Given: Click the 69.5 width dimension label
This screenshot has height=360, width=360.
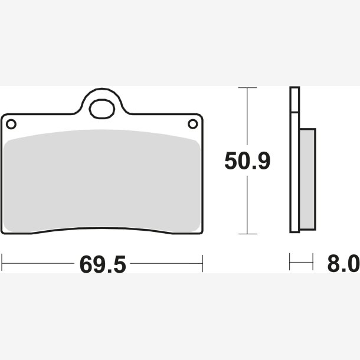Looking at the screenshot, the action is point(103,264).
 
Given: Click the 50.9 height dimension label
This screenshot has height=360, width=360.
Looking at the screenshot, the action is point(247,161).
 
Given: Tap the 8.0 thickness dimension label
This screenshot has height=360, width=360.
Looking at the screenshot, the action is point(343,263).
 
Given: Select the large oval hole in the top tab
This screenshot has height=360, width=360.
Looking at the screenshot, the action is point(102,109).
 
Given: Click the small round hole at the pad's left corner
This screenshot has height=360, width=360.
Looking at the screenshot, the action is point(11,124).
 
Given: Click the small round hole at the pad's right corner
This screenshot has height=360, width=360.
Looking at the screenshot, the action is point(192,124).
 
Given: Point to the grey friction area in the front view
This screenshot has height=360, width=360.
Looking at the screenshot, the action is point(102,181).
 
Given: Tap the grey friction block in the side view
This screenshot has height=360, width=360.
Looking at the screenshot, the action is point(307,179).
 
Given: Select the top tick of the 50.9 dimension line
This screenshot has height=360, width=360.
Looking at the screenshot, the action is point(247,88).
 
